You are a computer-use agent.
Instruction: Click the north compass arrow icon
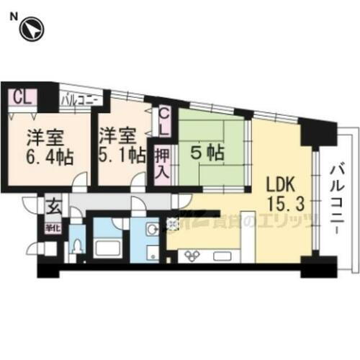coord(32,30)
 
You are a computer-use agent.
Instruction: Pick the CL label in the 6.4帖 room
coord(21,96)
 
